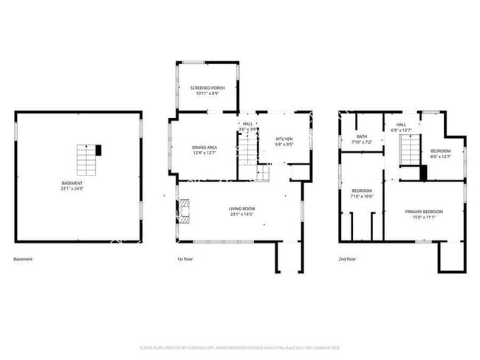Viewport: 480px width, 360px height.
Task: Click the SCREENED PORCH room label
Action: (207, 88)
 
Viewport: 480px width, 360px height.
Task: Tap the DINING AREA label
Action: (205, 148)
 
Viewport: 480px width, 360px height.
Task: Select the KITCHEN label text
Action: (284, 139)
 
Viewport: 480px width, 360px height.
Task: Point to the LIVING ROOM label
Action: (241, 209)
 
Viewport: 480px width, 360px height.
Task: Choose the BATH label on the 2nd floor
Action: (361, 136)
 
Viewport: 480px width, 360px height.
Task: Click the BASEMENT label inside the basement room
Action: (72, 183)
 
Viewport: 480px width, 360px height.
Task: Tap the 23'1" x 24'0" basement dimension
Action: (72, 188)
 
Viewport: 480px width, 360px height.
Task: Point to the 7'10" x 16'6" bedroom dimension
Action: (362, 195)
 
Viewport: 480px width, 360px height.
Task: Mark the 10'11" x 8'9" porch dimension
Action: (207, 93)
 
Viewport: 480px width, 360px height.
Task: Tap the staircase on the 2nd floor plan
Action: (409, 153)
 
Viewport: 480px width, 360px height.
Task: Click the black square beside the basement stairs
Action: (99, 150)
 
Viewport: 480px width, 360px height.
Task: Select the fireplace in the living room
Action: (185, 210)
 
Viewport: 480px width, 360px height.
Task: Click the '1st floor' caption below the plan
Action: (185, 260)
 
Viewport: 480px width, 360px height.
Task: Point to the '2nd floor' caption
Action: (347, 260)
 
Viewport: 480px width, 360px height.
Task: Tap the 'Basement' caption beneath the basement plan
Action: (23, 260)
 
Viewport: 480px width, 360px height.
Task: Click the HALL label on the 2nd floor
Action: (401, 125)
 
